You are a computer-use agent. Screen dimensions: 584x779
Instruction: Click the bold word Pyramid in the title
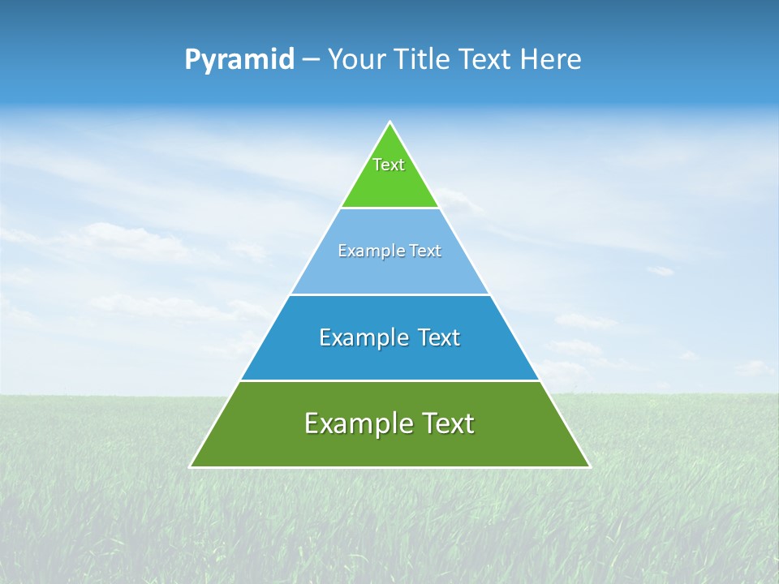239,60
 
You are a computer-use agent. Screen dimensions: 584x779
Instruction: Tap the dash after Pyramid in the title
311,60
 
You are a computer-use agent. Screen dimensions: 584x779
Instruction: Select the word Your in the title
355,60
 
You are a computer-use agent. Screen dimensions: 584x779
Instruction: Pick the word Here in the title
551,60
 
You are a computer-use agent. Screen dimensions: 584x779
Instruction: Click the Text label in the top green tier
389,165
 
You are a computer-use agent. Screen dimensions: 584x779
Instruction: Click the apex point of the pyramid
389,122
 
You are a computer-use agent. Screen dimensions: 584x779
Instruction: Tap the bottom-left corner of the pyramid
191,467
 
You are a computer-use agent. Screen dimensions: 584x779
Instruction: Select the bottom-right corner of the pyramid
589,467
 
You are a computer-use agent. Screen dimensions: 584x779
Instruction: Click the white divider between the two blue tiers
389,294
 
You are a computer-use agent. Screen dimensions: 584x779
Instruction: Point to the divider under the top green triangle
389,208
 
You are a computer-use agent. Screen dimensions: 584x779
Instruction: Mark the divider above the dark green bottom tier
389,380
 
